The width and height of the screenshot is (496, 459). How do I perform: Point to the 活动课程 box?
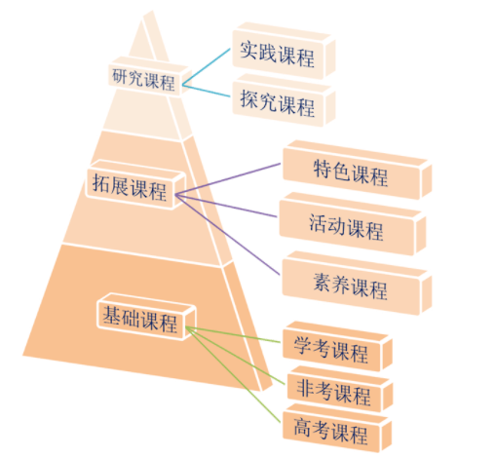coord(352,224)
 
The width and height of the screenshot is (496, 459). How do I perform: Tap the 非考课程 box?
coord(339,389)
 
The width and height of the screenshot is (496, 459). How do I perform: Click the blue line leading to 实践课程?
coord(206,67)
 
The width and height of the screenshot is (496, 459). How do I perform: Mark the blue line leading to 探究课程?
coord(206,91)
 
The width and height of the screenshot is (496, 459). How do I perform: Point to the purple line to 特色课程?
coord(228,179)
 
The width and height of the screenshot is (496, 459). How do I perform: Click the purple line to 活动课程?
coord(226,206)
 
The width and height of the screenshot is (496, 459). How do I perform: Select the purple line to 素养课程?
coord(227,235)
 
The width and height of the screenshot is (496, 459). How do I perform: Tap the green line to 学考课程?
coord(233,334)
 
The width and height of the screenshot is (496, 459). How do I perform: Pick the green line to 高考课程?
coord(233,375)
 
